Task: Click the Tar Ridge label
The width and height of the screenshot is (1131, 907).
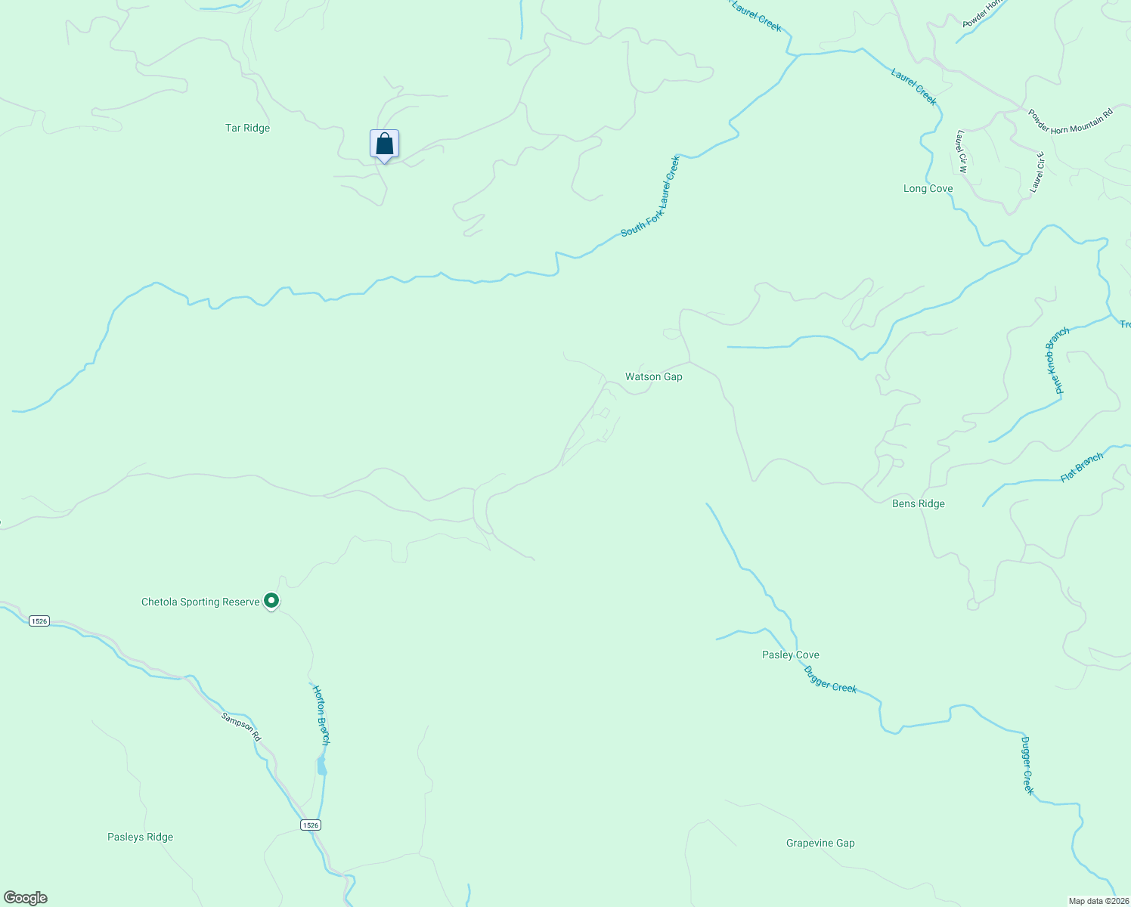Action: (247, 128)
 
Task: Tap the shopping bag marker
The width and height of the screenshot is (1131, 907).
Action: (384, 144)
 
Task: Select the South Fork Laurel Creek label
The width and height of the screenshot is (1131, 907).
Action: (651, 197)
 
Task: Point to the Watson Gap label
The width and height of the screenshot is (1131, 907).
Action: (653, 376)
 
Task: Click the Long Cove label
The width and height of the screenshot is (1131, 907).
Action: (928, 189)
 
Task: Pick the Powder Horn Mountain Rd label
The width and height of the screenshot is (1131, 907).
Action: (1071, 121)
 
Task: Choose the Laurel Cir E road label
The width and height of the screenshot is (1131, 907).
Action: (1037, 172)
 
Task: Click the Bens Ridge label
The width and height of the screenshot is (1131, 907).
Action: (918, 504)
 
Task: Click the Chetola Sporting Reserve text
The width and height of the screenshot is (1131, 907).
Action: (200, 602)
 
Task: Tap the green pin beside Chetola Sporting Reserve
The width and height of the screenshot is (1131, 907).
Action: (271, 602)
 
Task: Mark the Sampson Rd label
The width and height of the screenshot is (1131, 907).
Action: (241, 726)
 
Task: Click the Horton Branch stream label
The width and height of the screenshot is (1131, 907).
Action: (321, 714)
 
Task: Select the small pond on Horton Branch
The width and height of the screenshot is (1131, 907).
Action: (321, 767)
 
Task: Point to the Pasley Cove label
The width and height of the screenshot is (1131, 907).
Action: (790, 655)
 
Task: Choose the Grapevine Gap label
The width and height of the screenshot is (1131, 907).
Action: (820, 844)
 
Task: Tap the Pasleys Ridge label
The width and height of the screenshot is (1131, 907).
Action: (140, 837)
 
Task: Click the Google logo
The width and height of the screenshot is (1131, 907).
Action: (26, 898)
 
